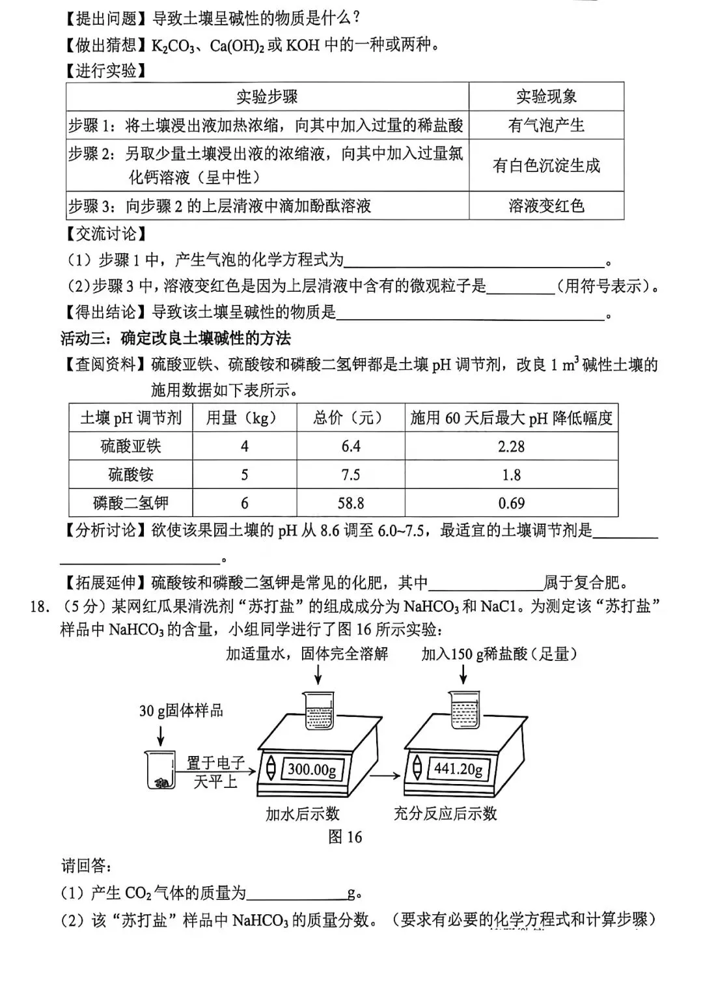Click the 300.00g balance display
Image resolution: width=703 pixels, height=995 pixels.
pos(312,770)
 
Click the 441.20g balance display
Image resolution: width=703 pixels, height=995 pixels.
pos(458,769)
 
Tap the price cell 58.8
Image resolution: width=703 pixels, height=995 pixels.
pos(351,503)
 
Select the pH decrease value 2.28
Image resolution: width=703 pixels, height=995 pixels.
pos(511,447)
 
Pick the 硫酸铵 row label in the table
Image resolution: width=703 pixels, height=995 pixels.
pos(131,475)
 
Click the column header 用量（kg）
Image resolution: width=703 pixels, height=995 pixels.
pos(244,417)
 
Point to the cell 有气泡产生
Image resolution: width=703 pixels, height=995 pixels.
pos(546,125)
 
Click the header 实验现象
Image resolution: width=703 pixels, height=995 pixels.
pos(546,97)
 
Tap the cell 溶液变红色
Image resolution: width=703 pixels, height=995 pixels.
pos(546,206)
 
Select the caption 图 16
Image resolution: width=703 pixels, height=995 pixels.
pos(345,837)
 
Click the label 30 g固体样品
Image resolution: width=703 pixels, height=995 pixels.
pos(181,710)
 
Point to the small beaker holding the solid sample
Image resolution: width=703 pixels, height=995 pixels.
pos(160,770)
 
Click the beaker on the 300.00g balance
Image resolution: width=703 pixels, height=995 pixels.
pos(318,710)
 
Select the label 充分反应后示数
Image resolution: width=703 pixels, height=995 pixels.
pos(445,813)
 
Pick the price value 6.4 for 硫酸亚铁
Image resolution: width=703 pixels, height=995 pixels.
pos(351,447)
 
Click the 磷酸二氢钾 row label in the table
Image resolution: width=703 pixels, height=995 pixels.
pos(131,503)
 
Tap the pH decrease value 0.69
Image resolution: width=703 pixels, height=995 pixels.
pos(511,503)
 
